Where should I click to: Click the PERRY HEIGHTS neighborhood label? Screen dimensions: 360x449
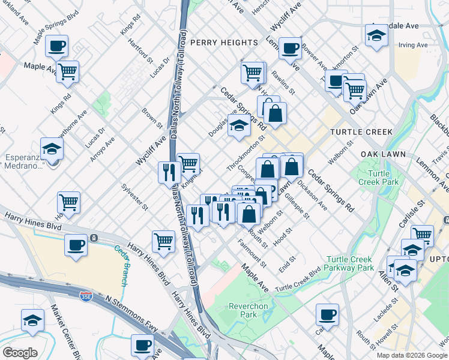[224, 43]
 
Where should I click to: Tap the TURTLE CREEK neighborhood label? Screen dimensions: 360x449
[361, 132]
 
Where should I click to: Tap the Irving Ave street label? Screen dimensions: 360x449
[413, 45]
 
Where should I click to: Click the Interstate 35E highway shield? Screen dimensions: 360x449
[85, 296]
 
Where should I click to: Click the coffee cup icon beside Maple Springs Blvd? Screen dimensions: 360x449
[56, 46]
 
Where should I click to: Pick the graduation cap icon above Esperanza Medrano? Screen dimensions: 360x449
[52, 148]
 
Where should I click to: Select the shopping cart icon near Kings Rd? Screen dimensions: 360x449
[68, 71]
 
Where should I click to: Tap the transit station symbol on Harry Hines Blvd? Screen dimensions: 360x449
[94, 238]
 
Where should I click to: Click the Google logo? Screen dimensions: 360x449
[20, 352]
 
